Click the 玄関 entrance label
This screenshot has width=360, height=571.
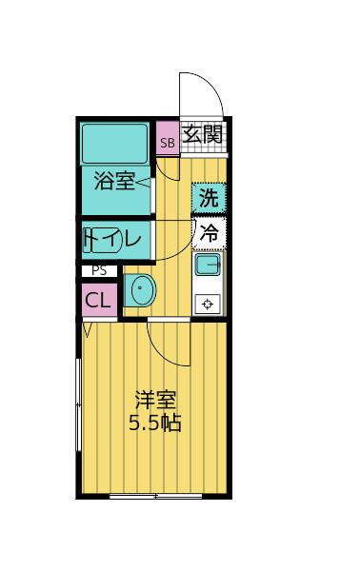pos(203,134)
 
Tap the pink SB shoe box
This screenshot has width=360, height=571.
pos(167,144)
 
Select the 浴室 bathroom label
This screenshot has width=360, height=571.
pos(114,181)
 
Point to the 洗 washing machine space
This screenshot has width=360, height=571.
pos(209,198)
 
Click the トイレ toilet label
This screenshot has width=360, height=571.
pos(116,240)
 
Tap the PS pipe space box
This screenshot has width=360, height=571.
pos(99,271)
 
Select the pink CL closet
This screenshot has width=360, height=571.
pos(99,300)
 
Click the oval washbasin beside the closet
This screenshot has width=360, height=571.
pos(141,291)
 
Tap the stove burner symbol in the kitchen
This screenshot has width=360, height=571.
pos(209,304)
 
